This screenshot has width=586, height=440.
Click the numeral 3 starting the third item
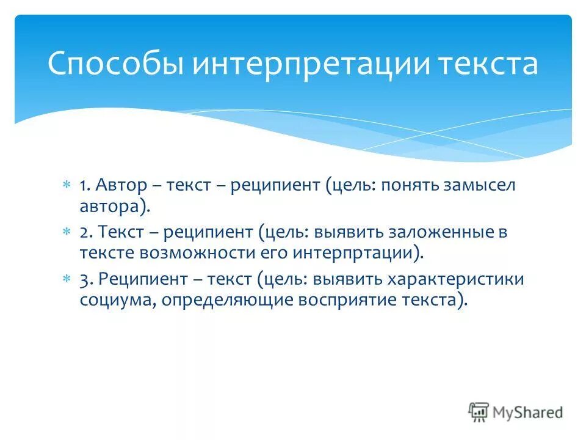click(84, 279)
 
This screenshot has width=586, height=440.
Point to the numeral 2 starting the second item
click(84, 232)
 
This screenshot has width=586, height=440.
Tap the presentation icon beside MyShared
click(480, 412)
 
